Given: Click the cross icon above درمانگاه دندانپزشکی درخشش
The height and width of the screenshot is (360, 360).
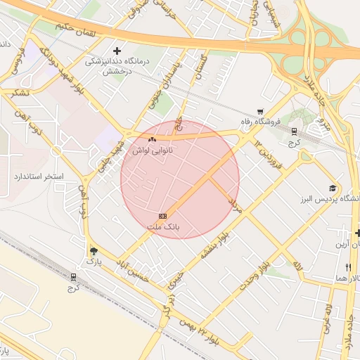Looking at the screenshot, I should [117, 51].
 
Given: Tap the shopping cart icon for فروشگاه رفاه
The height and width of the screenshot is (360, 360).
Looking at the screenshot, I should [260, 111].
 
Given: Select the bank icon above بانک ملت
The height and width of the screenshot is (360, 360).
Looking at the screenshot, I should [162, 215].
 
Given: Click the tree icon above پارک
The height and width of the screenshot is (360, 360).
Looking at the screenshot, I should [94, 251].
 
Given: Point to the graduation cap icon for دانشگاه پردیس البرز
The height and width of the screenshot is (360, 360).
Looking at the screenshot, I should [332, 188].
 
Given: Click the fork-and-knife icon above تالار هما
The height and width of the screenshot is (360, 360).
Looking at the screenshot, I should [348, 268].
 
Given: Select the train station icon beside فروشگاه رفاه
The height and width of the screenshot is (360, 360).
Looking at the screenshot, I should [294, 131].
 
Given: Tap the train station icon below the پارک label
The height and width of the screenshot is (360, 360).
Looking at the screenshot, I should [75, 276].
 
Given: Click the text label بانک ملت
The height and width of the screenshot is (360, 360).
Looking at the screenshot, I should [164, 228].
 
